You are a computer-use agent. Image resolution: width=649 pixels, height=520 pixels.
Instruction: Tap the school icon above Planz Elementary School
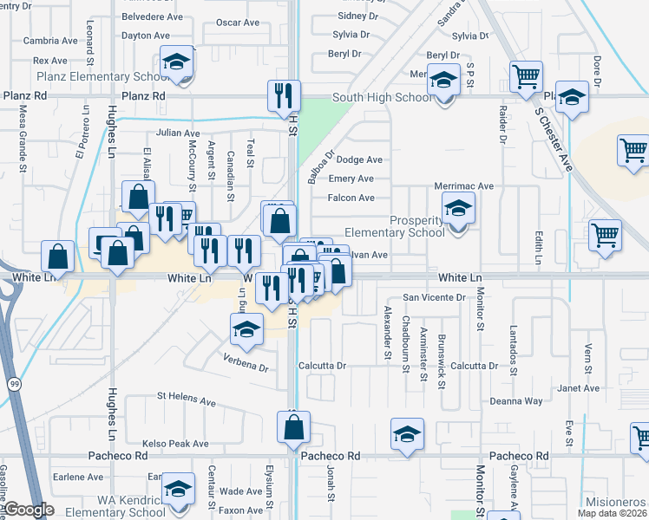pos(176,63)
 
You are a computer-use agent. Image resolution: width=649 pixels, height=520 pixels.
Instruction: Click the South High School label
pos(382,97)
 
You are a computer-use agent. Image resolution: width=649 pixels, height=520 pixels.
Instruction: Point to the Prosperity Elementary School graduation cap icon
pos(457,208)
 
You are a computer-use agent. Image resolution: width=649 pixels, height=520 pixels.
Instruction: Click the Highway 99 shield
pos(14,382)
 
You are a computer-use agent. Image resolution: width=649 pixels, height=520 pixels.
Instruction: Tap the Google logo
pos(29,510)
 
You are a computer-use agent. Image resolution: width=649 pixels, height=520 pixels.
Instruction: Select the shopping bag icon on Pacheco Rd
pos(293,426)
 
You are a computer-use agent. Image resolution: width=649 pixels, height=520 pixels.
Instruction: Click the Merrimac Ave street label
pos(463,185)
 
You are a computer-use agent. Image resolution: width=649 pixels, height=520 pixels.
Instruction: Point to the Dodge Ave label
pos(359,159)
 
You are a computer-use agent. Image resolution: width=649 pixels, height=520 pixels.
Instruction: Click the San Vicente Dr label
pos(433,296)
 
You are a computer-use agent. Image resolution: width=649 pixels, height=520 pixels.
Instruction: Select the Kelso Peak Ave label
pos(176,444)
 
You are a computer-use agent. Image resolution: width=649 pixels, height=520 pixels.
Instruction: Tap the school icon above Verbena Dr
pos(246,329)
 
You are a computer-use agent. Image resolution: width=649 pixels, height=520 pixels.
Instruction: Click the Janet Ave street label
pos(579,388)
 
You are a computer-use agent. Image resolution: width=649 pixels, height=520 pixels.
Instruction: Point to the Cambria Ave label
pos(50,41)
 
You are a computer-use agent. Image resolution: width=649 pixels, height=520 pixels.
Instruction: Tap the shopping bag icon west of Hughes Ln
pos(57,257)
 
